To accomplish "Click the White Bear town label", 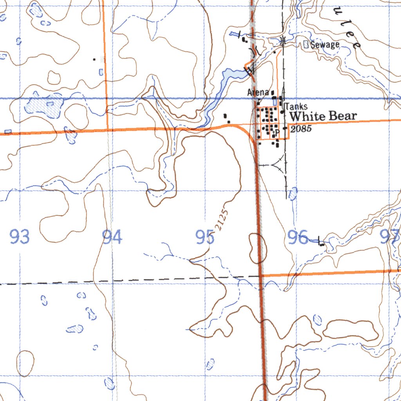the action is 323,116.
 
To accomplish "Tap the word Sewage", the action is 325,45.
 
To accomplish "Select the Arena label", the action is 258,92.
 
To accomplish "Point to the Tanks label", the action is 296,107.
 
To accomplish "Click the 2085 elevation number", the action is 301,128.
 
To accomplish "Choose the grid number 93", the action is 20,237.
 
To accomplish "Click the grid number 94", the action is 112,237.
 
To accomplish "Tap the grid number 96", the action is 298,238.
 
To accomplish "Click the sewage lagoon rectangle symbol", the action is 306,45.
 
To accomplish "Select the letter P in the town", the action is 277,132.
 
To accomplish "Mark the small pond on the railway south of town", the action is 293,193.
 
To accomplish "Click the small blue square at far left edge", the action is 8,132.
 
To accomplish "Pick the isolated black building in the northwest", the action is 94,60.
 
